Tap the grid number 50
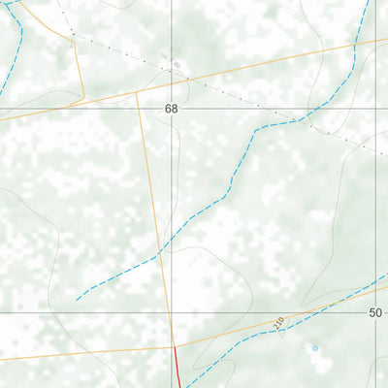coord(376,312)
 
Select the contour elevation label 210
coord(280,321)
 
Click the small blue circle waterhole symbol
coord(314,347)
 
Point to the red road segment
coord(178,367)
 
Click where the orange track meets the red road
coord(175,345)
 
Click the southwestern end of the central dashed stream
coord(78,300)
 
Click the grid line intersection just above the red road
coord(173,312)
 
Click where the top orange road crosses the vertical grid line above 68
coord(173,86)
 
